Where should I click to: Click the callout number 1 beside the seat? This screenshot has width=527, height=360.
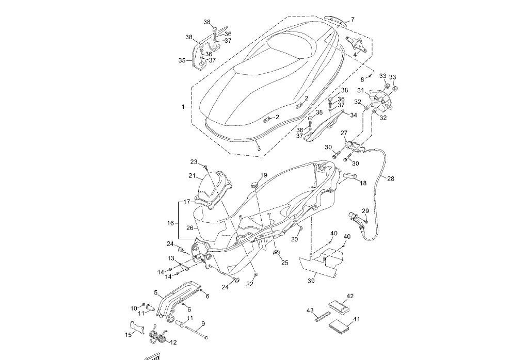[x=183, y=107]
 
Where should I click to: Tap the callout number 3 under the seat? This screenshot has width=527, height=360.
[x=259, y=149]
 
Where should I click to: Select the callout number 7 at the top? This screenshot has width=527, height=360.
[x=353, y=20]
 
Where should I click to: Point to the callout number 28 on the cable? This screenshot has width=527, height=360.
[x=391, y=178]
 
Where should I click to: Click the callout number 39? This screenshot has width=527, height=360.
[x=311, y=281]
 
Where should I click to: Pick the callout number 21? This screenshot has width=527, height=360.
[x=192, y=175]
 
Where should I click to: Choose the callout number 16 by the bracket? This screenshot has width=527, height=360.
[x=171, y=223]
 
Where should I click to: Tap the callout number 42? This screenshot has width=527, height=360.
[x=350, y=296]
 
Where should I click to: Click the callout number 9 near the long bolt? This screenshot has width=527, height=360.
[x=203, y=324]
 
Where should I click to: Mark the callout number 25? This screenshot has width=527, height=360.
[x=285, y=263]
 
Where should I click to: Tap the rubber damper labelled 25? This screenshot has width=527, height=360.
[x=277, y=253]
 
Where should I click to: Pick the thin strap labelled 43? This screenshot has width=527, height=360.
[x=322, y=317]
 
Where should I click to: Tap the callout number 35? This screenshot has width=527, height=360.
[x=182, y=60]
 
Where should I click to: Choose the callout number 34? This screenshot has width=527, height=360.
[x=353, y=115]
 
